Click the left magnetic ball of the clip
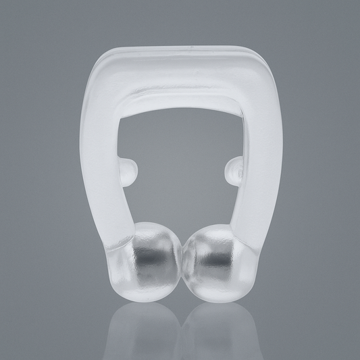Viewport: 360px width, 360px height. coord(151,255)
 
